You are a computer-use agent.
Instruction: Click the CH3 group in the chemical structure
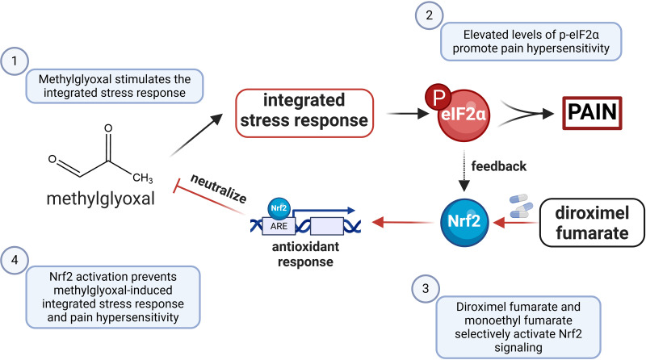click(x=142, y=178)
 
